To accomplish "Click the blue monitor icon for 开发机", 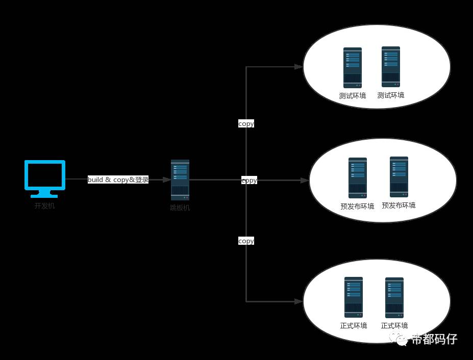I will tap(45, 178).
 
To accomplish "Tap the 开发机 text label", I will tap(44, 206).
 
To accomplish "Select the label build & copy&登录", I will tap(118, 179).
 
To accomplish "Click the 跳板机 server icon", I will tap(180, 179).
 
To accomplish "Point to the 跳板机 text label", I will tap(180, 208).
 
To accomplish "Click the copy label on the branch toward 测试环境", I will tap(246, 123).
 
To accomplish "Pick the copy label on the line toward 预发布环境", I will tap(249, 180).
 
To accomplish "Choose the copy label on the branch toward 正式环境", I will tap(246, 241).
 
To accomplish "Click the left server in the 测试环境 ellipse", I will tap(353, 68).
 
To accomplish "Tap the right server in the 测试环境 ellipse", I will tap(391, 67).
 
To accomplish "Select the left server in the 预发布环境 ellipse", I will tap(358, 177).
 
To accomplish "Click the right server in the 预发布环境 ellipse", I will tap(399, 176).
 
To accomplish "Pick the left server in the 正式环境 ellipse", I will tap(354, 297).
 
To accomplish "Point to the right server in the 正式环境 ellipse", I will tap(394, 297).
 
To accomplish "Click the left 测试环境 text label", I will tap(353, 96).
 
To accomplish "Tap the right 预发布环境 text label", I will tap(399, 205).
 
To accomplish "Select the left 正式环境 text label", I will tap(354, 325).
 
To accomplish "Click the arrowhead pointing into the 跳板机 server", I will tap(167, 179).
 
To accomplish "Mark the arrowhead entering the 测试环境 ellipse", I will tap(299, 67).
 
